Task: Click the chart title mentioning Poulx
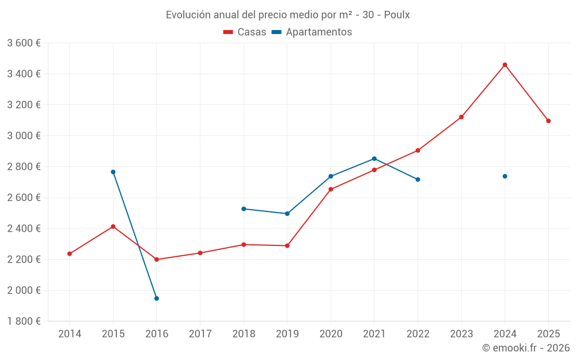click(287, 15)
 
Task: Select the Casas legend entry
click(245, 32)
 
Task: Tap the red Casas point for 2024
click(505, 65)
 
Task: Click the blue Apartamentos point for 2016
click(157, 298)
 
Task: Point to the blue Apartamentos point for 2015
click(113, 172)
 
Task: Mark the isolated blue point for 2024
click(505, 176)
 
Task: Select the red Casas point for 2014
click(70, 253)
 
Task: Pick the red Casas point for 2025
click(548, 121)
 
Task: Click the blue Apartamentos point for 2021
click(374, 158)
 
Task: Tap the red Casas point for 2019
click(287, 246)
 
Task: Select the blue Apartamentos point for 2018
click(244, 209)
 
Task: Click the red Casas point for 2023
click(461, 117)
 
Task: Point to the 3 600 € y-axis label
click(24, 43)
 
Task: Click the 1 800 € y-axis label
click(24, 321)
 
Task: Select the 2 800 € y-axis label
click(24, 167)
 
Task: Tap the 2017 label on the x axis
click(200, 334)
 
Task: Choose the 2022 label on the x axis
click(418, 334)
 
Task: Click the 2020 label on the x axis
click(331, 334)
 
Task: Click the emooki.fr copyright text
click(525, 348)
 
